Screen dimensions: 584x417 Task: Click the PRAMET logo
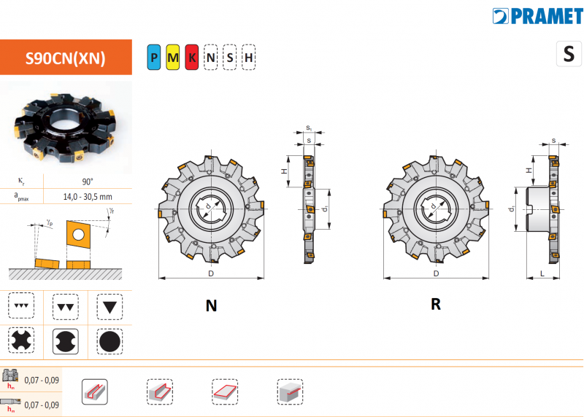[x=537, y=16]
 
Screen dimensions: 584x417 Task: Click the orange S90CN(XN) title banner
[x=66, y=58]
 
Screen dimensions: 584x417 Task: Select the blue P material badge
[x=154, y=58]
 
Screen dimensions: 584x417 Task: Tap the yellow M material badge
[x=173, y=58]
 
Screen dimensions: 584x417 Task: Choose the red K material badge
[x=192, y=58]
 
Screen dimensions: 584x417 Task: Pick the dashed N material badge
[x=211, y=58]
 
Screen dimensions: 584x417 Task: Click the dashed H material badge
[x=248, y=58]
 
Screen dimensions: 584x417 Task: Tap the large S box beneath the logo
[x=569, y=54]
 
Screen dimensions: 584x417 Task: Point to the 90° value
[x=88, y=182]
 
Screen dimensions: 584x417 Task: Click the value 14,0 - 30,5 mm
[x=88, y=196]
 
